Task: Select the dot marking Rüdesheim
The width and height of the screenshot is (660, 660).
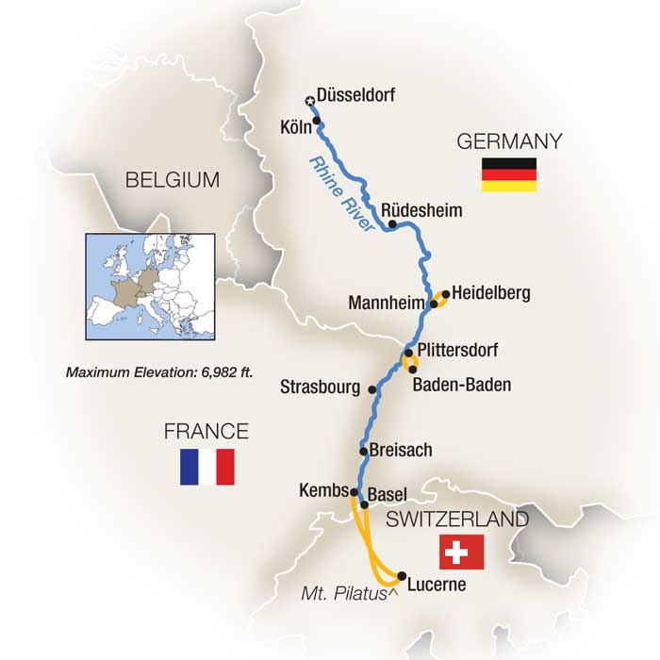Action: pyautogui.click(x=392, y=224)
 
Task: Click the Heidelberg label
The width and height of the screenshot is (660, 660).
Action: pyautogui.click(x=490, y=293)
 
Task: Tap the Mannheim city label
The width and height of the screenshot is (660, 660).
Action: pyautogui.click(x=388, y=304)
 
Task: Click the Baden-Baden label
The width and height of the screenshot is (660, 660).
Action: pyautogui.click(x=463, y=385)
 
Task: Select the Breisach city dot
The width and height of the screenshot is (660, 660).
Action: pyautogui.click(x=363, y=451)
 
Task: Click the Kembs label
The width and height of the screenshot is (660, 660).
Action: pyautogui.click(x=323, y=491)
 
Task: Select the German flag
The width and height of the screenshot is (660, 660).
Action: pyautogui.click(x=509, y=174)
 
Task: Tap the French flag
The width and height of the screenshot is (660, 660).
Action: pyautogui.click(x=206, y=467)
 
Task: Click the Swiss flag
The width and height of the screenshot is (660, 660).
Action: pyautogui.click(x=461, y=552)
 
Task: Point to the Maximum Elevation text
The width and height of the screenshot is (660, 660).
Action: pyautogui.click(x=159, y=371)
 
